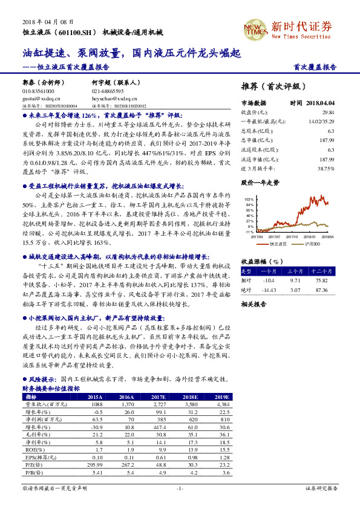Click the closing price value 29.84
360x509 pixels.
[328, 112]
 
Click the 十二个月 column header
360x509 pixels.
[321, 272]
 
